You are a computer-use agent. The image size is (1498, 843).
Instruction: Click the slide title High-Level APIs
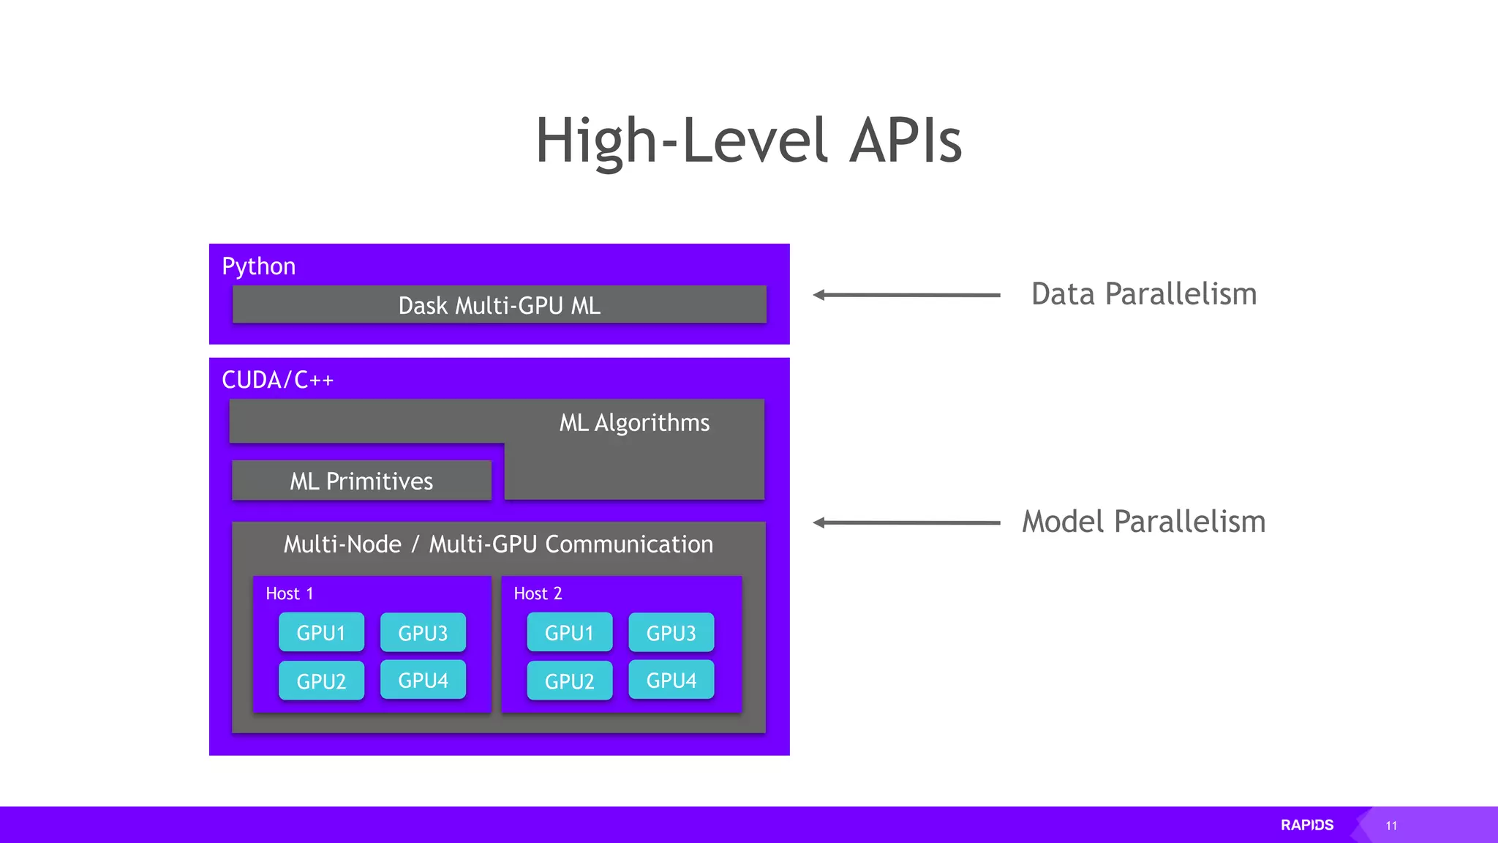pyautogui.click(x=748, y=140)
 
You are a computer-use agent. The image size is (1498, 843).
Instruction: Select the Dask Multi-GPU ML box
pyautogui.click(x=499, y=304)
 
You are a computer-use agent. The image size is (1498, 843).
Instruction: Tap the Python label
pyautogui.click(x=258, y=266)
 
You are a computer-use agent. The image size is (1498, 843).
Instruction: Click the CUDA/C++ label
pyautogui.click(x=277, y=381)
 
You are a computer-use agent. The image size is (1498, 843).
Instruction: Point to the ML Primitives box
pyautogui.click(x=361, y=481)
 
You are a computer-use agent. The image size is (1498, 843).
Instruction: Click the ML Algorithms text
pyautogui.click(x=634, y=423)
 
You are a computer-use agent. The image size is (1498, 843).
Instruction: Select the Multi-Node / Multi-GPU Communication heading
pyautogui.click(x=498, y=544)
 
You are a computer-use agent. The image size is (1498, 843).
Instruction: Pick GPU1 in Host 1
pyautogui.click(x=321, y=632)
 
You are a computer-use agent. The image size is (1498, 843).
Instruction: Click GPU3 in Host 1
pyautogui.click(x=423, y=632)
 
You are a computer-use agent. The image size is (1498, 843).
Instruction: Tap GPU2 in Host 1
pyautogui.click(x=321, y=681)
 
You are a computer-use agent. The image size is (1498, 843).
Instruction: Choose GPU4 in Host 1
pyautogui.click(x=423, y=680)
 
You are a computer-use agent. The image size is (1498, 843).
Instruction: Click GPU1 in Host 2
pyautogui.click(x=569, y=632)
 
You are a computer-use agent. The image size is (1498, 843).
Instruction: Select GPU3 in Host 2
pyautogui.click(x=671, y=632)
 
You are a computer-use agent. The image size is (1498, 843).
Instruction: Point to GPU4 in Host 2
pyautogui.click(x=671, y=680)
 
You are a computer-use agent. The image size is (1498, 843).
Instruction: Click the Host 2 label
pyautogui.click(x=538, y=593)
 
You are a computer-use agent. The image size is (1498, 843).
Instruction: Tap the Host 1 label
pyautogui.click(x=290, y=593)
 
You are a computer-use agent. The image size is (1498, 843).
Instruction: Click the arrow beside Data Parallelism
pyautogui.click(x=906, y=295)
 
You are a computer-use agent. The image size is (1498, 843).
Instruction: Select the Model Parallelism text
pyautogui.click(x=1143, y=522)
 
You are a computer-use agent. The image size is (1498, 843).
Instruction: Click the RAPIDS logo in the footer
pyautogui.click(x=1307, y=825)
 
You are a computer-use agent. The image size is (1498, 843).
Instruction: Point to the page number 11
pyautogui.click(x=1391, y=825)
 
